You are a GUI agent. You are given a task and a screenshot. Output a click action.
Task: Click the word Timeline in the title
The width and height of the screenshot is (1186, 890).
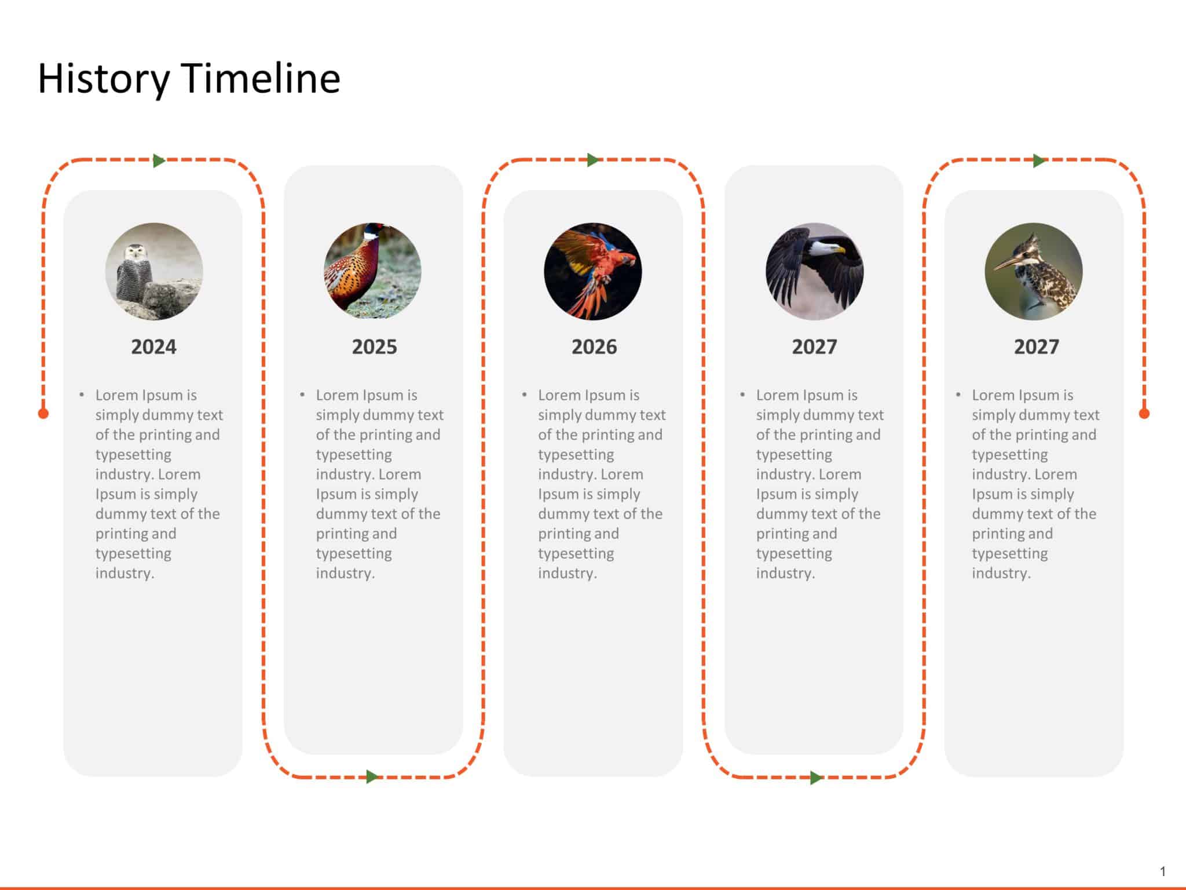click(261, 79)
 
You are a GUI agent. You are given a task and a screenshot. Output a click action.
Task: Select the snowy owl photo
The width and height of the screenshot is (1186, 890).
click(154, 271)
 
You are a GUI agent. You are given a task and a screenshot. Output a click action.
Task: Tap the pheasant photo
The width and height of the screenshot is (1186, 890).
click(372, 271)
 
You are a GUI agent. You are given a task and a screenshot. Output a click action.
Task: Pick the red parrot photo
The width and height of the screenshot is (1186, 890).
click(593, 271)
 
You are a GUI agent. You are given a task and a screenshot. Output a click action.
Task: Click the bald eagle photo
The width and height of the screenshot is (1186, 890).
click(814, 271)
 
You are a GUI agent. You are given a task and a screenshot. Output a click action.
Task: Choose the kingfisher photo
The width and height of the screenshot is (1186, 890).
click(1034, 271)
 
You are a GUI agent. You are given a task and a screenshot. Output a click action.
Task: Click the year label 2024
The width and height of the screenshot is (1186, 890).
click(153, 346)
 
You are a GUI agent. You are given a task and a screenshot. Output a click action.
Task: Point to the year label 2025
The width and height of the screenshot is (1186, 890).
click(374, 346)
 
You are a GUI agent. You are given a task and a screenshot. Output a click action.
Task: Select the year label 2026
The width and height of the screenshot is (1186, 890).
click(594, 346)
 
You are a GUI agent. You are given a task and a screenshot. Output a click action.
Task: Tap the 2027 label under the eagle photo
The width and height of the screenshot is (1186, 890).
click(814, 346)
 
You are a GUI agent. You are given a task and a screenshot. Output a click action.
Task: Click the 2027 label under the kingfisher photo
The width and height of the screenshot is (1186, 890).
click(1036, 346)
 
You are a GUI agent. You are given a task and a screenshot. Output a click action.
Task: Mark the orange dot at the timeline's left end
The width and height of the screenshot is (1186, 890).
click(43, 413)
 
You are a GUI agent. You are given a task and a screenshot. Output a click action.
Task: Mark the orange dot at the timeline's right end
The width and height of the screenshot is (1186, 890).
click(1144, 413)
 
